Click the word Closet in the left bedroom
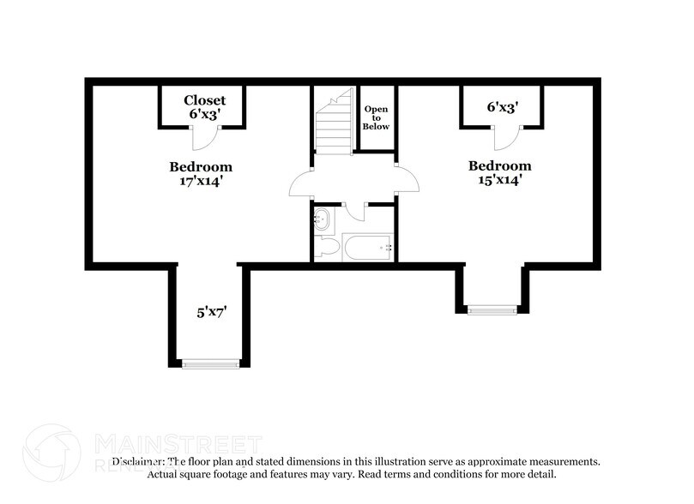204,100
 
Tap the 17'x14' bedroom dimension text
201,180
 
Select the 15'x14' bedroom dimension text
499,180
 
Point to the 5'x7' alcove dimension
211,313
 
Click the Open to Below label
377,117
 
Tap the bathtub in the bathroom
367,248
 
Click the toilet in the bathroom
324,248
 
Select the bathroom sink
323,219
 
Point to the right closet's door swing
505,137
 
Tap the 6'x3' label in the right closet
503,108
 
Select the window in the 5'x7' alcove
211,364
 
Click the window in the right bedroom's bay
492,309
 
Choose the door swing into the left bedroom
300,183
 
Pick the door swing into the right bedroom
408,181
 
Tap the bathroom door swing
356,211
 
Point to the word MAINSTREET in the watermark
177,444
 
